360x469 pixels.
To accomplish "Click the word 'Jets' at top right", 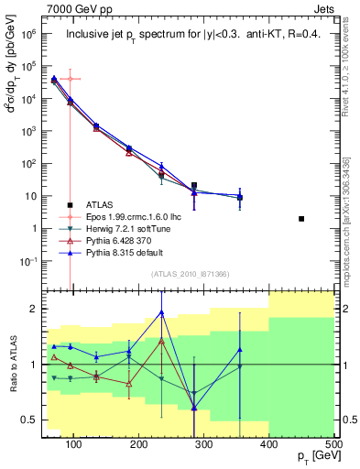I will [x=323, y=7].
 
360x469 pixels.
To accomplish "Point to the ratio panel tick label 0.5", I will [x=31, y=420].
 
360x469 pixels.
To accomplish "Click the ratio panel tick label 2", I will [x=36, y=309].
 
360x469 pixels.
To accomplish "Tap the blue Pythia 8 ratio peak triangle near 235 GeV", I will [x=161, y=312].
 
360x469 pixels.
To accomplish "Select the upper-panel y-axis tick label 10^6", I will [x=28, y=33].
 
